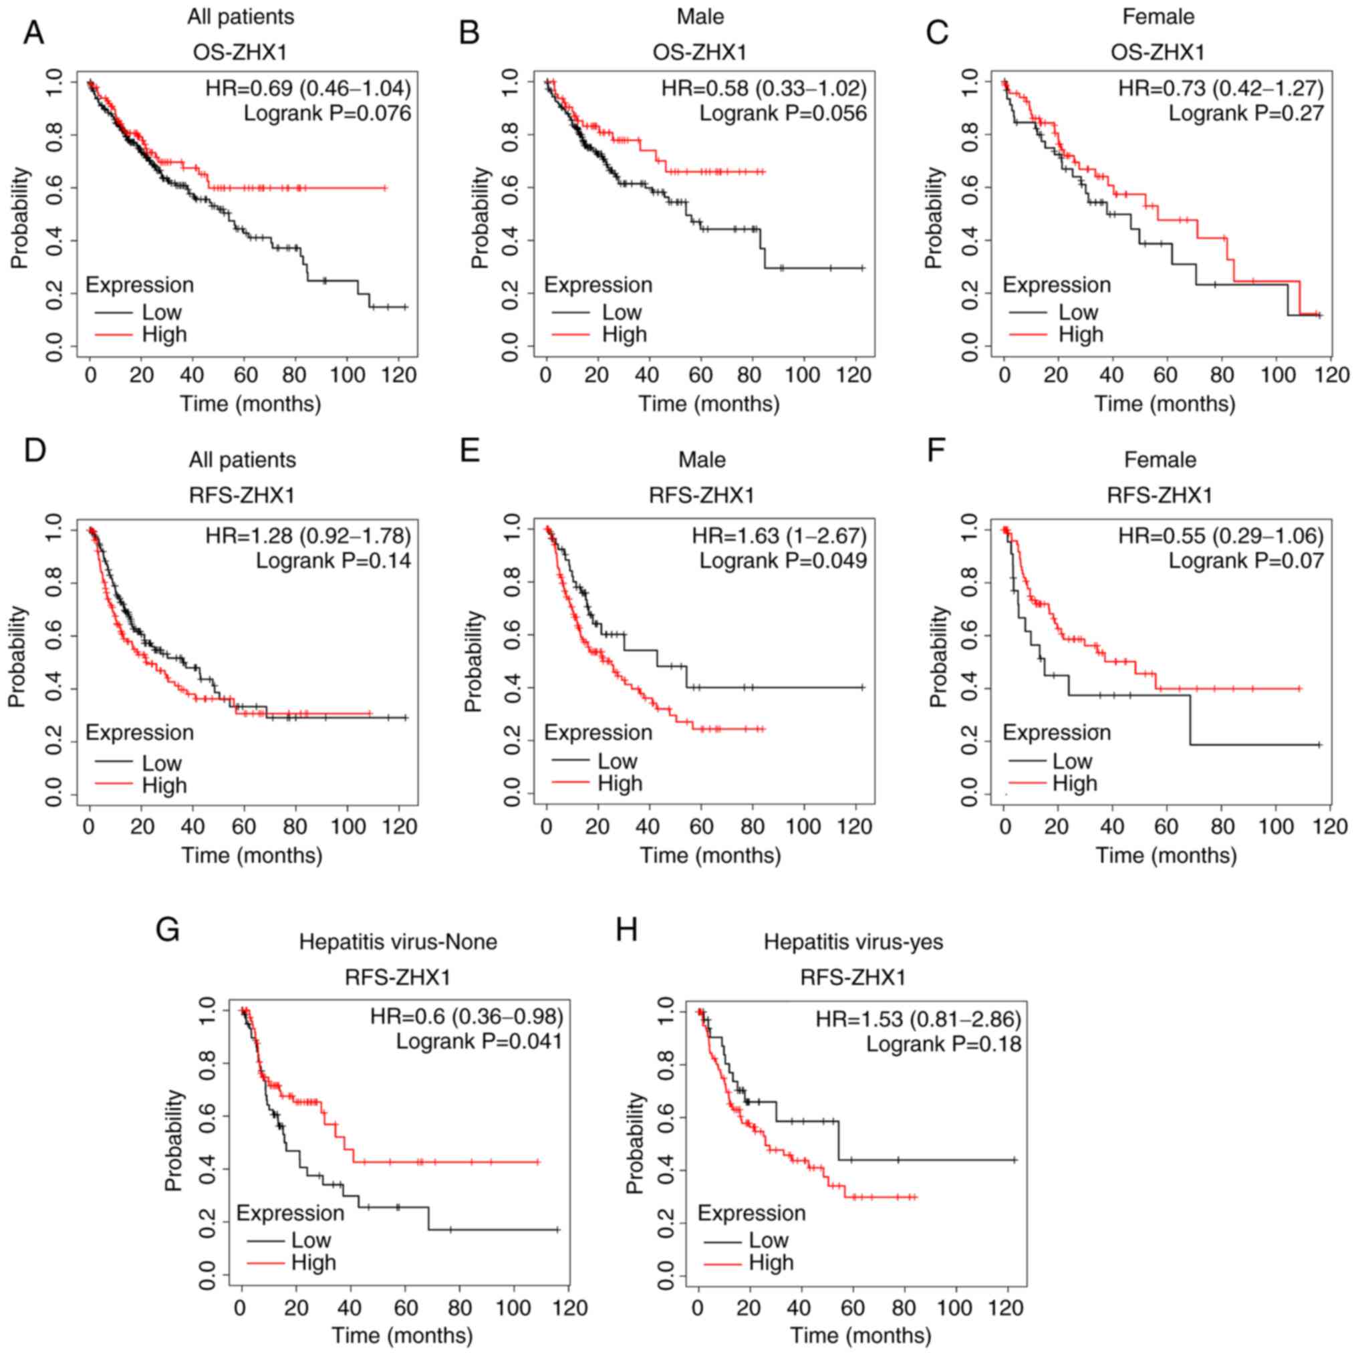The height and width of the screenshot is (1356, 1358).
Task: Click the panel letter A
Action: point(33,33)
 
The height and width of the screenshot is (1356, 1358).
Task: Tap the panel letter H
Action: point(626,930)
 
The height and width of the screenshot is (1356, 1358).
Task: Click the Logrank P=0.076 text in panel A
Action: point(327,113)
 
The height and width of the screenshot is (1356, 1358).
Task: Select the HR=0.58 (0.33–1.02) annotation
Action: point(763,89)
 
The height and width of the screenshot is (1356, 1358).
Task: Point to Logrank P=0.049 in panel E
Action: point(783,561)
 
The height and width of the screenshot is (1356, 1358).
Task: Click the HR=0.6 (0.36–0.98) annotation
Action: point(466,1016)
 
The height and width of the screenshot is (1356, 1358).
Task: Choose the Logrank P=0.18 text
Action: point(943,1044)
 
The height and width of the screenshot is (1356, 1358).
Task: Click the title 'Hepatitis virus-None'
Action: point(398,942)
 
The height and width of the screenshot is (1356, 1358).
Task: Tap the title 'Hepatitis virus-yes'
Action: point(853,942)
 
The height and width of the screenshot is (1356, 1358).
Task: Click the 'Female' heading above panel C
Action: point(1158,16)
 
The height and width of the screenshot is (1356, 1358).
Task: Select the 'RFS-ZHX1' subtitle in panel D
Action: point(242,496)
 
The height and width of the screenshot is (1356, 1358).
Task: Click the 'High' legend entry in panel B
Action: point(624,335)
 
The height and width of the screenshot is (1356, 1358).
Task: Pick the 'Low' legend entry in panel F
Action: point(1072,761)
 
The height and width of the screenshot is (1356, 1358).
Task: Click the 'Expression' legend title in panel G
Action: point(289,1213)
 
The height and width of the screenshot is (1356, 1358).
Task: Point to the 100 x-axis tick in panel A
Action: point(347,375)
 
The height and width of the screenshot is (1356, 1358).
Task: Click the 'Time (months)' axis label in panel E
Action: point(710,855)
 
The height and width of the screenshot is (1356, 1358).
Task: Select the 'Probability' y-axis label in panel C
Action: point(933,218)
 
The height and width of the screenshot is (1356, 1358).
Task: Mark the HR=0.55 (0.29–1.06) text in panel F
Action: point(1221,537)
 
